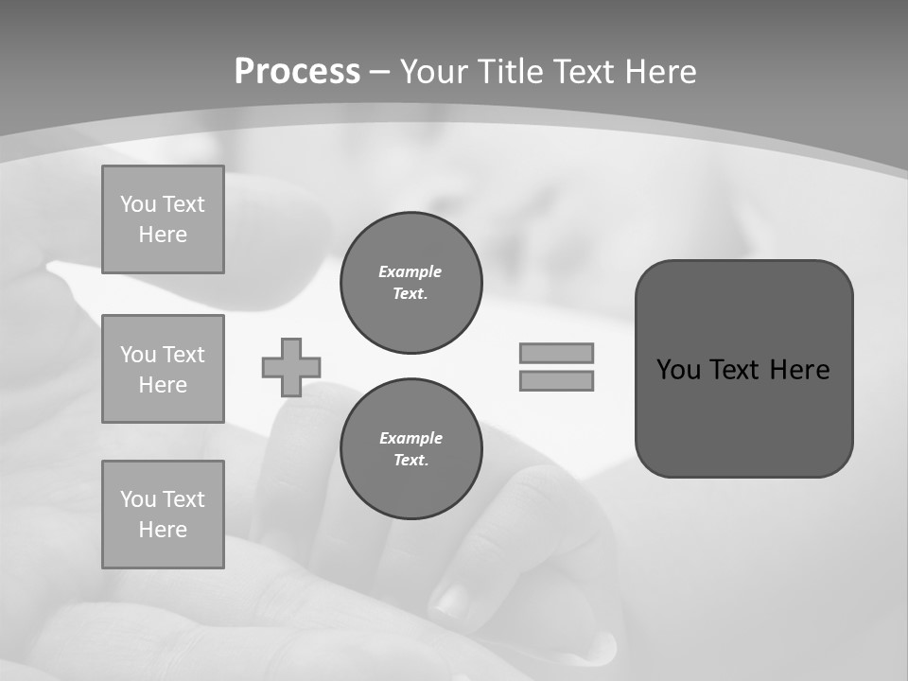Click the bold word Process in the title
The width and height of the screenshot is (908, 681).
(297, 72)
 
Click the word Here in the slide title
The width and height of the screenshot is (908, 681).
(659, 72)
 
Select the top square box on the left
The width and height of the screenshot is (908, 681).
(163, 219)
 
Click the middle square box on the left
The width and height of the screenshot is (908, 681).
(163, 369)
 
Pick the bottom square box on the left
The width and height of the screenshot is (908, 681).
(163, 515)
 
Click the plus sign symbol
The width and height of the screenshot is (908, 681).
(291, 367)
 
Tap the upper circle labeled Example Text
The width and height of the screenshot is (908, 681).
(410, 282)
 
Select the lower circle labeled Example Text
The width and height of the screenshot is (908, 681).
(410, 448)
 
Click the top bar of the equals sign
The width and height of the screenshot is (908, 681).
(556, 353)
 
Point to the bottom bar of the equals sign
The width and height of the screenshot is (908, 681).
(556, 380)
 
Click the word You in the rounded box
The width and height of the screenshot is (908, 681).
(678, 370)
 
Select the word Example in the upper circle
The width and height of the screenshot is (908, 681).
(410, 271)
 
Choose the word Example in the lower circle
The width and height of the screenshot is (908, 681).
(410, 438)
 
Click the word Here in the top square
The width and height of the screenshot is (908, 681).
(163, 235)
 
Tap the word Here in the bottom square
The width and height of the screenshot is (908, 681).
(163, 530)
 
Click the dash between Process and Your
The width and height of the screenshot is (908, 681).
(379, 72)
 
